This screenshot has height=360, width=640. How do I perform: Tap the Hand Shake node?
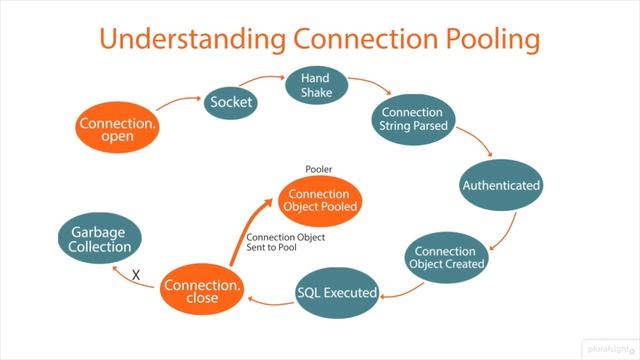pos(309,84)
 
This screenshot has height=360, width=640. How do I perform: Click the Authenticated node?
pos(500,185)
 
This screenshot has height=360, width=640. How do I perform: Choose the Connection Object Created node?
pos(447,257)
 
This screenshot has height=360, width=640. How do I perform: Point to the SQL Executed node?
pos(337,293)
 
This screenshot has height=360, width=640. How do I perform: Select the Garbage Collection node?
pos(100,238)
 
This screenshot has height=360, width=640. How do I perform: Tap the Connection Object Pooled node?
pos(319,201)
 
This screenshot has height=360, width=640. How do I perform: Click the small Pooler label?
pos(319,169)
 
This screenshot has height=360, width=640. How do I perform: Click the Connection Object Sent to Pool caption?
pos(285,244)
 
